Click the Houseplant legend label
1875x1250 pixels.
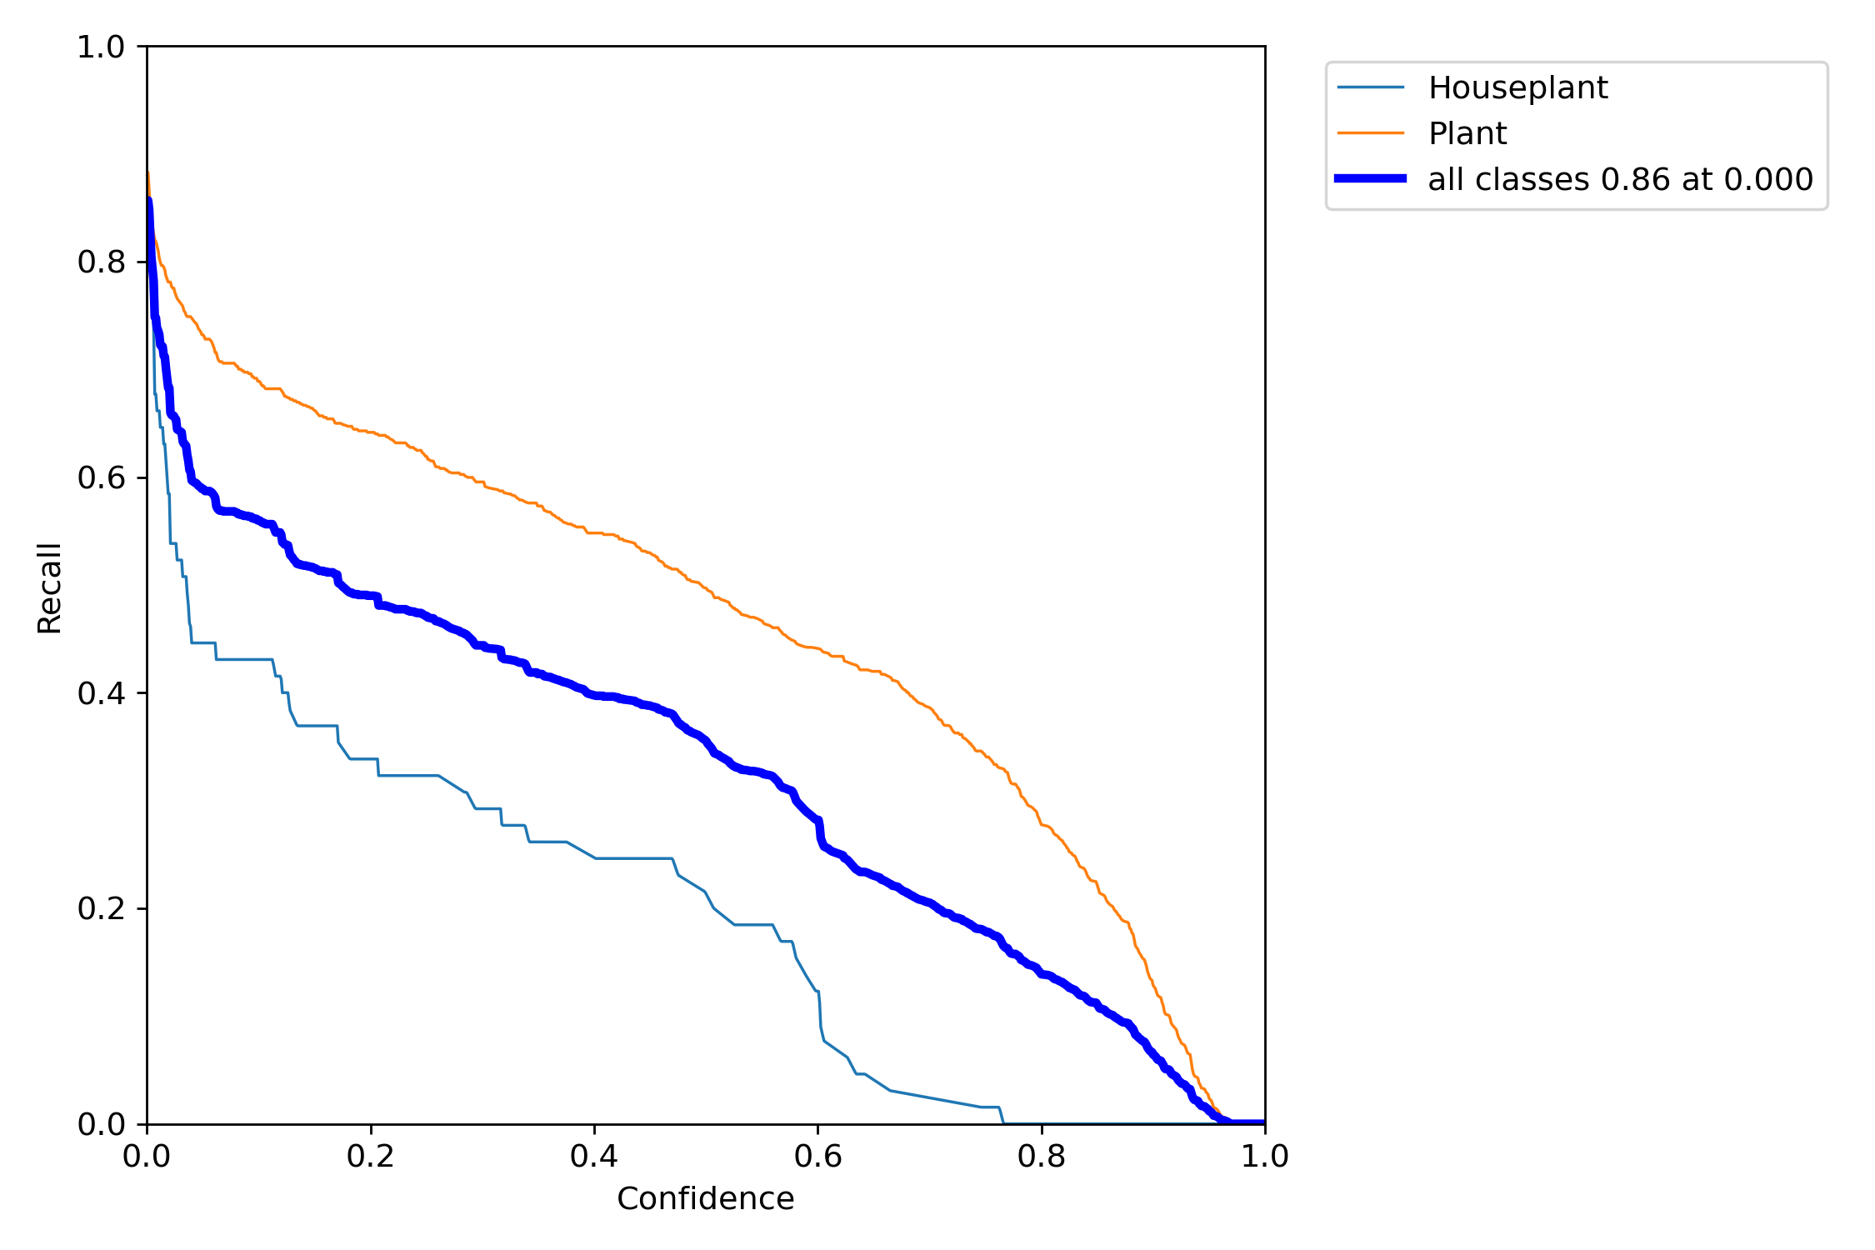coord(1517,87)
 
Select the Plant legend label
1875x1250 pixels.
coord(1467,133)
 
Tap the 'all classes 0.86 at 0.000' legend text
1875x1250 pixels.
coord(1620,179)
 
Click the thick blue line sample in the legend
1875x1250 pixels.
coord(1371,178)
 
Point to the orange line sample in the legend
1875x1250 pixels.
coord(1371,132)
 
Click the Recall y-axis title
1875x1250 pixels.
coord(49,588)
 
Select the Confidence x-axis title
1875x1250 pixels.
coord(705,1199)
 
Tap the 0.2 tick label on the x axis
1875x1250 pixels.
coord(371,1157)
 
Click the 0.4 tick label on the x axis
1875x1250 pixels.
coord(594,1157)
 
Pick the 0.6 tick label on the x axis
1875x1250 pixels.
coord(817,1157)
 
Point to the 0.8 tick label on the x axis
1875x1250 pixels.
coord(1042,1157)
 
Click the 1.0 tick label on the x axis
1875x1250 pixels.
coord(1265,1157)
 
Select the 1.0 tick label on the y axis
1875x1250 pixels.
coord(101,47)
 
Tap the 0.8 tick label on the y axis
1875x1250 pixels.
coord(101,262)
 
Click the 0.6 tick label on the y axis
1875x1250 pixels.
coord(101,478)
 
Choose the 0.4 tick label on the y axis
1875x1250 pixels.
coord(101,693)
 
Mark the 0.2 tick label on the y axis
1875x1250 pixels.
coord(101,909)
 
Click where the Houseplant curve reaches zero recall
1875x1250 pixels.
coord(1003,1122)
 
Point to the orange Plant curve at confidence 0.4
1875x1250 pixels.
coord(594,532)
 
